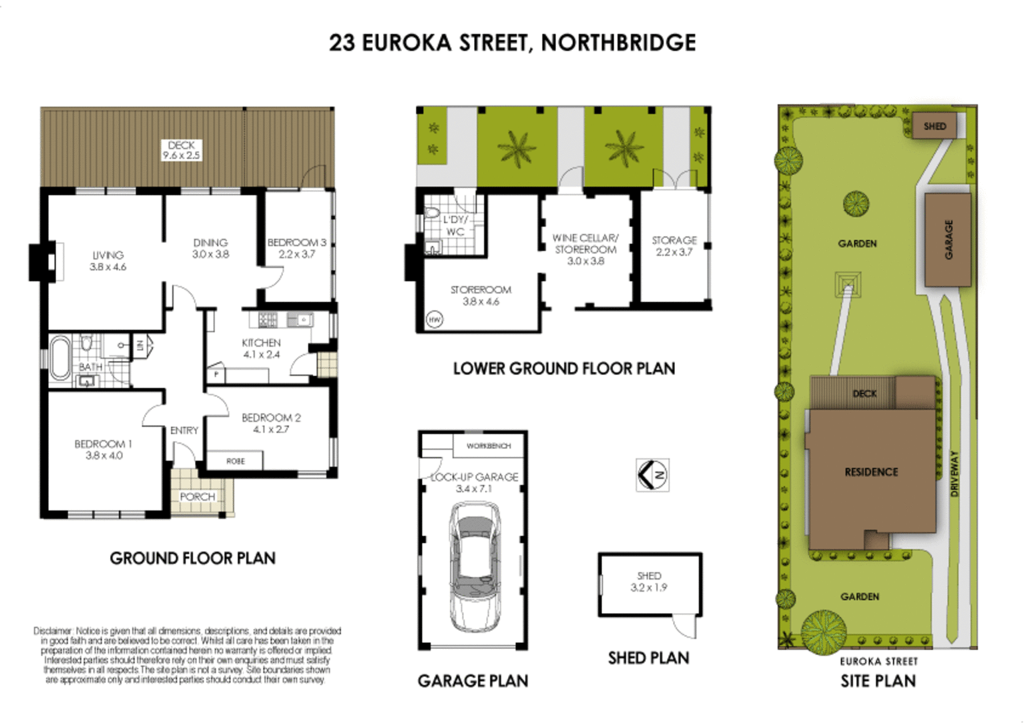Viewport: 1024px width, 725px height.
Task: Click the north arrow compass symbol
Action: click(652, 475)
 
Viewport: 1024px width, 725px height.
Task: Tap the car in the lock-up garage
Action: click(475, 566)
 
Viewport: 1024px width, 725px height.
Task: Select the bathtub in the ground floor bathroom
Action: click(60, 358)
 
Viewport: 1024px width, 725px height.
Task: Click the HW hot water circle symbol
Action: click(434, 320)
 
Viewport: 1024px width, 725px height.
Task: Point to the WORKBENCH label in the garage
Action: click(489, 446)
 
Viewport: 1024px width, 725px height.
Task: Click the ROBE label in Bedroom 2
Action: click(235, 461)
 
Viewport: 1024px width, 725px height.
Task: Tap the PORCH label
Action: click(198, 497)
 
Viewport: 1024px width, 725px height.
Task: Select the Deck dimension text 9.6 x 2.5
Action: click(181, 155)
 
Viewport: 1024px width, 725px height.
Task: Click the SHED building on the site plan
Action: click(935, 126)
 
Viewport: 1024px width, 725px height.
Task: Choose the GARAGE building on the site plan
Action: click(948, 239)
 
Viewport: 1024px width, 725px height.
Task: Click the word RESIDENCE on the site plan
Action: click(871, 472)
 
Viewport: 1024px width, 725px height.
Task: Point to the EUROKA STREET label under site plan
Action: click(878, 661)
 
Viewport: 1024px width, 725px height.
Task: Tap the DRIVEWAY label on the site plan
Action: click(955, 473)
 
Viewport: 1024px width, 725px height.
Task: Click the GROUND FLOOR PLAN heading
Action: click(192, 558)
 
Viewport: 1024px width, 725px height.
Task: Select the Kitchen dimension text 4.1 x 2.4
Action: click(261, 355)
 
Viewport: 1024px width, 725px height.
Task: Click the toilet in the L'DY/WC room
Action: click(432, 213)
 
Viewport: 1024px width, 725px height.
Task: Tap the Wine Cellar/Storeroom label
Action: click(585, 243)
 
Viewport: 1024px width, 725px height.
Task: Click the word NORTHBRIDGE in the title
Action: click(618, 43)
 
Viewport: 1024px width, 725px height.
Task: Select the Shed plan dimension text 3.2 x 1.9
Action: click(649, 588)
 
